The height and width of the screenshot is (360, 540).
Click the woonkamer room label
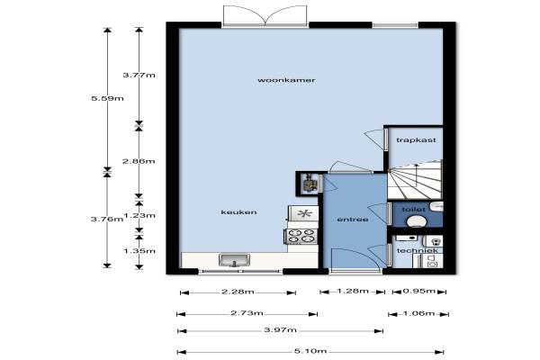[286, 80]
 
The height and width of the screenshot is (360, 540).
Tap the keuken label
[238, 211]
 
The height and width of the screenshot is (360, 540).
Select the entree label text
[353, 219]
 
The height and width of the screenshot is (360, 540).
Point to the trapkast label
[416, 139]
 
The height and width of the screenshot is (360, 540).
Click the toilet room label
[413, 209]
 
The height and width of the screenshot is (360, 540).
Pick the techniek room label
[418, 250]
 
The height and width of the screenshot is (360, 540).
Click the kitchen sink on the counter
[234, 260]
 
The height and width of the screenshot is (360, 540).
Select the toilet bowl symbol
[417, 221]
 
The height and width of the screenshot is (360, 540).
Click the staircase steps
[415, 180]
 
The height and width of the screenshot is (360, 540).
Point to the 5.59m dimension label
[107, 98]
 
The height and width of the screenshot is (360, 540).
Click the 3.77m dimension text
[139, 75]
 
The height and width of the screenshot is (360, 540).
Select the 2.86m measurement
[139, 161]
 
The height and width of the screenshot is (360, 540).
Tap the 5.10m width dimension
[310, 351]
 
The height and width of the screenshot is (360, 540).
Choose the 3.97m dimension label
[280, 329]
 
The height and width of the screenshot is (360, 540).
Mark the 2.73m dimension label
[247, 313]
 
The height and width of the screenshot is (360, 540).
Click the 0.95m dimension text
[419, 291]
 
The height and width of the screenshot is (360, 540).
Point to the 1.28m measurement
[353, 291]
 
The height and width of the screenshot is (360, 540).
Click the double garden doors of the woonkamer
[265, 15]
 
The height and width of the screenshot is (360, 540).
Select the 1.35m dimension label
[139, 251]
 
